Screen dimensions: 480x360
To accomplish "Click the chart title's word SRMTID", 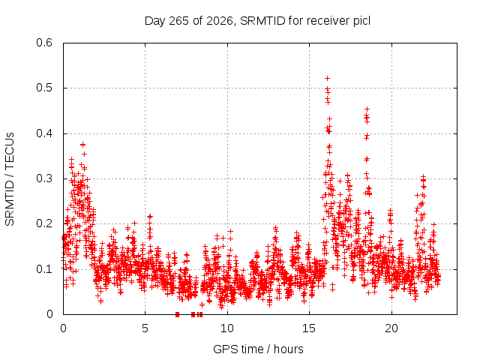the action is point(262,21).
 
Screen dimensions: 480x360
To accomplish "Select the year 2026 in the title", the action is point(220,21).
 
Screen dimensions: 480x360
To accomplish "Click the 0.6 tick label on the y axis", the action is point(44,43).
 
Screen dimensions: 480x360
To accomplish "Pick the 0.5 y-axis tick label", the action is point(44,88).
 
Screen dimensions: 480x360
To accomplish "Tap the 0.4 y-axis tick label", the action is point(44,133).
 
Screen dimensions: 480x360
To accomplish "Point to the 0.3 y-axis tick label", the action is point(44,178).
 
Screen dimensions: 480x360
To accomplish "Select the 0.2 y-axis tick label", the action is point(44,223).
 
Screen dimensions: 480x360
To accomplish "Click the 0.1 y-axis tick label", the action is point(44,269).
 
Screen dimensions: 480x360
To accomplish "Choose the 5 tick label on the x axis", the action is point(145,328).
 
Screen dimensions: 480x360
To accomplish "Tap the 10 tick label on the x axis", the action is point(226,328).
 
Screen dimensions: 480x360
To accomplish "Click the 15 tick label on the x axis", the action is point(309,328).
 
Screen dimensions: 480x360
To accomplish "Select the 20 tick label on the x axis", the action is point(391,328).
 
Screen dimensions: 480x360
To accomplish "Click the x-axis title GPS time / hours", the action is point(258,349).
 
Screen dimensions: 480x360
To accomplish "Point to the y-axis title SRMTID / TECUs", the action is point(10,179).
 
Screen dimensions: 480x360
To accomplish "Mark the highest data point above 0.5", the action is point(327,78).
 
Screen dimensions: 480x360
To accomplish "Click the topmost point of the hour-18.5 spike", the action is point(367,109).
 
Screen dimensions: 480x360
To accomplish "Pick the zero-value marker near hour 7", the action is point(177,314).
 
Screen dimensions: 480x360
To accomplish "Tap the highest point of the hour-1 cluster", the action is point(82,145).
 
